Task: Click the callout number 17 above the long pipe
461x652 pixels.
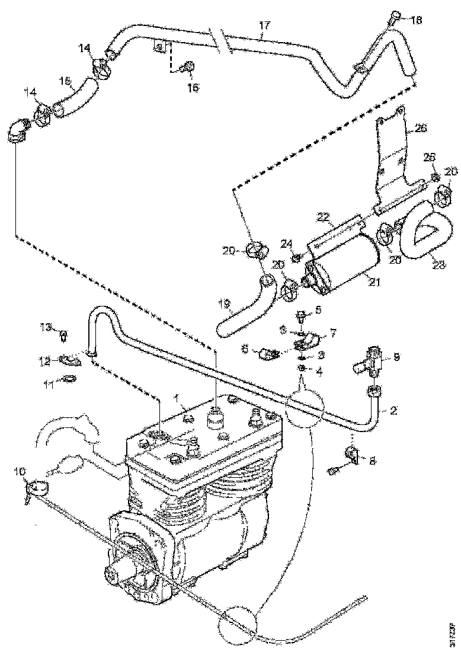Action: (265, 25)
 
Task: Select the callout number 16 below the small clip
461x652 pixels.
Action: (193, 87)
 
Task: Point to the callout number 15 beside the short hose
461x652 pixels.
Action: (65, 81)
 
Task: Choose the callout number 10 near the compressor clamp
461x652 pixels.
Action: (19, 471)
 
